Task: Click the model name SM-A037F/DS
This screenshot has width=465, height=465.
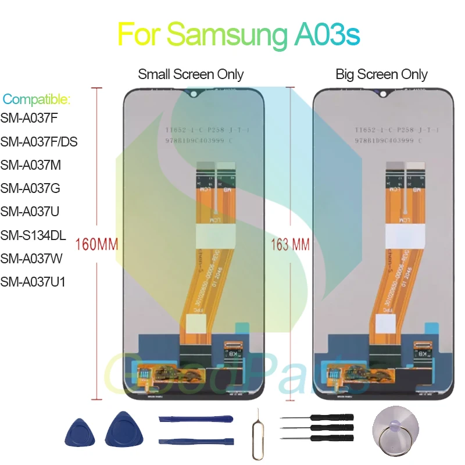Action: pos(39,141)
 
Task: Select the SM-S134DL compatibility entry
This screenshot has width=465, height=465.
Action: pos(33,235)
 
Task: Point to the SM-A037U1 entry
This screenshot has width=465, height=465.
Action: pos(33,282)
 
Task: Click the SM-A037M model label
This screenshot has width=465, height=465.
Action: pos(31,165)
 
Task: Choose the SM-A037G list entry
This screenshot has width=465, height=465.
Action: pos(30,188)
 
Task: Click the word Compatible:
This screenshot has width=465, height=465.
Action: pos(36,99)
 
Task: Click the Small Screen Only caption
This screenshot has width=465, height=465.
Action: pos(191,74)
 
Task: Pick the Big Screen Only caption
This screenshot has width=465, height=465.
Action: pos(381,74)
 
